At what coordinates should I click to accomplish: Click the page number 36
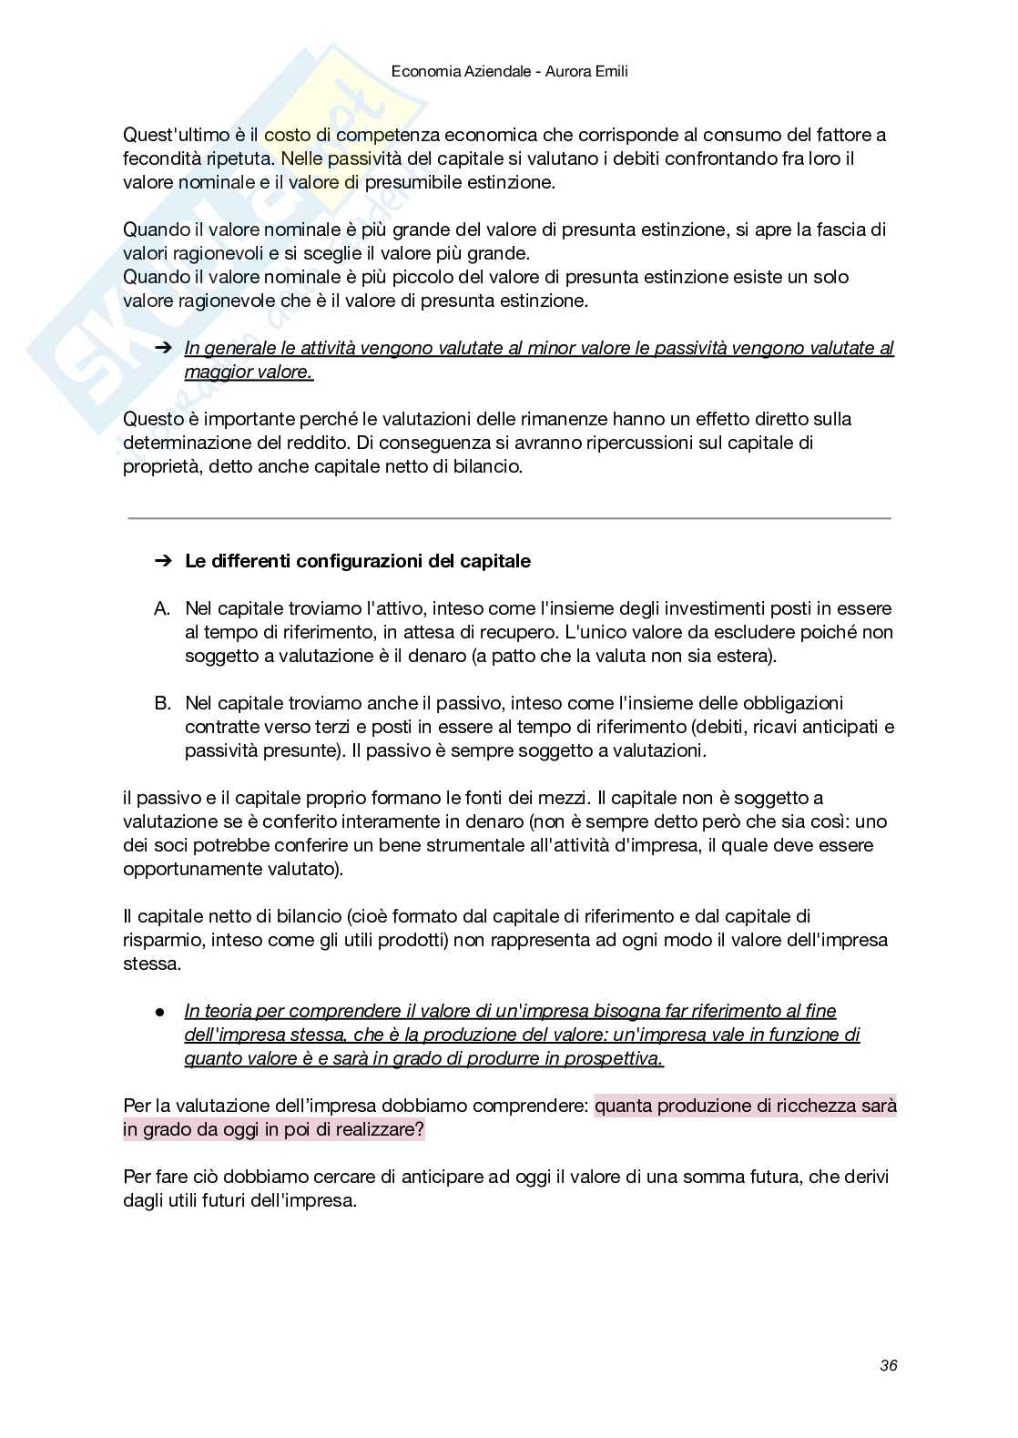(x=888, y=1365)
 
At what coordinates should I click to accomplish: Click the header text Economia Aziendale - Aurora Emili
(x=509, y=70)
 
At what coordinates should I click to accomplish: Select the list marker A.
(x=162, y=608)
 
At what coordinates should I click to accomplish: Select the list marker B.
(x=162, y=703)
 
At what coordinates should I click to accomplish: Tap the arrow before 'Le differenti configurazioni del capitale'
(x=163, y=561)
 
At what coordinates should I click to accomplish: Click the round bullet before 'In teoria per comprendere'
(x=159, y=1011)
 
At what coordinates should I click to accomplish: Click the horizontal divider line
(x=509, y=518)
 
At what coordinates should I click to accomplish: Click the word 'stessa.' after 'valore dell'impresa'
(x=152, y=964)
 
